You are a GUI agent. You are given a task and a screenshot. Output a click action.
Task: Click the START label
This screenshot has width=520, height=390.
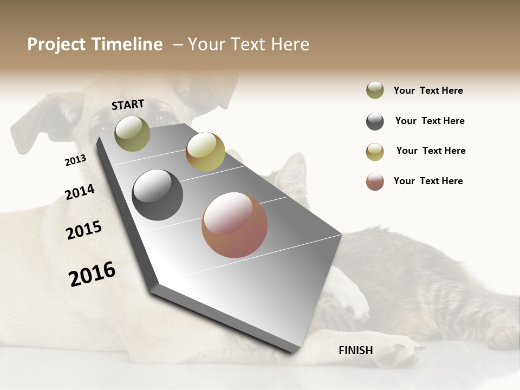[128, 105]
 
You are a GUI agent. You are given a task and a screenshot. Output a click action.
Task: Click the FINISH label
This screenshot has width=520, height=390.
[355, 350]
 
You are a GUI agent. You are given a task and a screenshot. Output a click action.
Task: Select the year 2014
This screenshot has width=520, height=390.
[80, 192]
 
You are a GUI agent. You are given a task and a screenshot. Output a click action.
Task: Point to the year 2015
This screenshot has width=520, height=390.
[83, 230]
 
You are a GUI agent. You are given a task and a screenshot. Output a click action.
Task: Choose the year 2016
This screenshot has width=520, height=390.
[92, 274]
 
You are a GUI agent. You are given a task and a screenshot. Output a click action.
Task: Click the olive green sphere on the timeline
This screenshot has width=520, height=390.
[132, 133]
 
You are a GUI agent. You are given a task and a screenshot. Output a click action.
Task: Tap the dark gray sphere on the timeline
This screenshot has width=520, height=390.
[157, 195]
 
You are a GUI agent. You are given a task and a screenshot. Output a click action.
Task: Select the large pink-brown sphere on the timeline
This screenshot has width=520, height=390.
[235, 225]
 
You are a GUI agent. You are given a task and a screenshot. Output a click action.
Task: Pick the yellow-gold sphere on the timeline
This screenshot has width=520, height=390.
[205, 152]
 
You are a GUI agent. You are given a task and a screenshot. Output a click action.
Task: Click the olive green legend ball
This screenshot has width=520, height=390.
[375, 90]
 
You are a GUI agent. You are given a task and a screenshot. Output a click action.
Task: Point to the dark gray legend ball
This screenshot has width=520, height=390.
[375, 121]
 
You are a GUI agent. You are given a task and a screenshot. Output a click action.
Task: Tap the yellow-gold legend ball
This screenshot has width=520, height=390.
[375, 152]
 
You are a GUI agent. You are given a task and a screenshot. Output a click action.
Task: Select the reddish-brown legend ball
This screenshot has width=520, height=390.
[375, 181]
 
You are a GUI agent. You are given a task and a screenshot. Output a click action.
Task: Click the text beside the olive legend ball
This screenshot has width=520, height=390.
[428, 90]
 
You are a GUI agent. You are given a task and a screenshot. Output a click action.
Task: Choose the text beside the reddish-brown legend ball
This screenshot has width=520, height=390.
[428, 181]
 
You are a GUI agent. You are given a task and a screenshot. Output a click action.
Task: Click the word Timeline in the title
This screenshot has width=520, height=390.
[128, 44]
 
